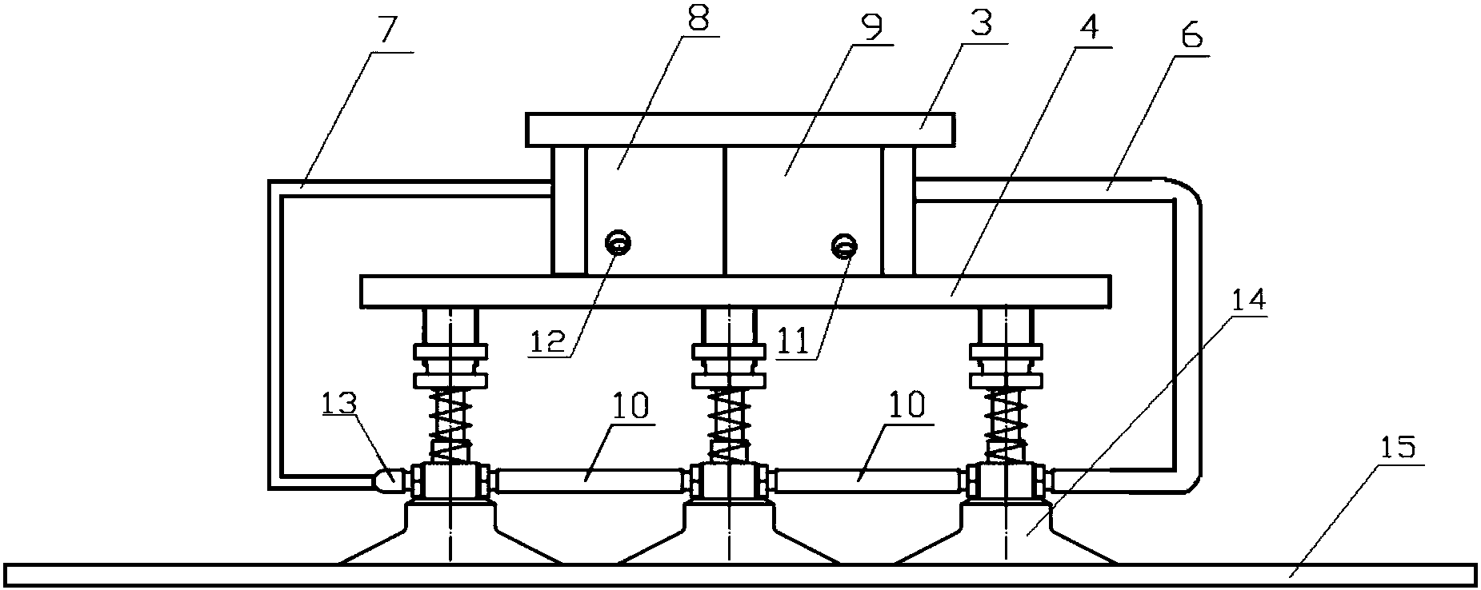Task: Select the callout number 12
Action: [x=550, y=341]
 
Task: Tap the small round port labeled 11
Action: [x=843, y=245]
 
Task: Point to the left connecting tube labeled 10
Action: [x=590, y=481]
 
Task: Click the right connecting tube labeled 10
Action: [x=867, y=481]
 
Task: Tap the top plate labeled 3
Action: [x=740, y=130]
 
